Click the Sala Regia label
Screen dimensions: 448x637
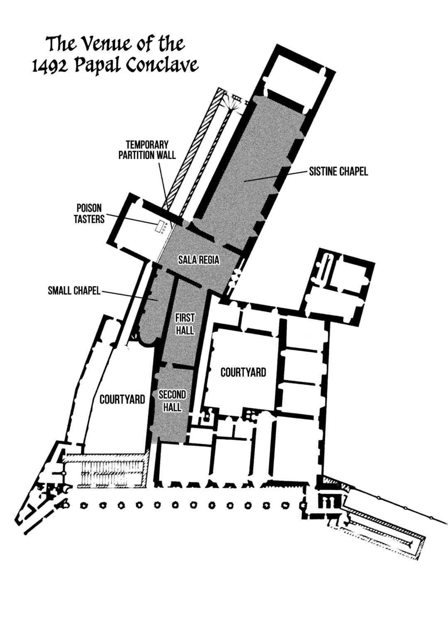(199, 260)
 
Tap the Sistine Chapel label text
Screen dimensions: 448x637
(338, 171)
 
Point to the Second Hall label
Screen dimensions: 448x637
(173, 401)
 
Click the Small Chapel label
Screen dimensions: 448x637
(74, 291)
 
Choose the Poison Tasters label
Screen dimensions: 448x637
(89, 214)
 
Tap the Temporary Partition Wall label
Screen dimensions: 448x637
(147, 150)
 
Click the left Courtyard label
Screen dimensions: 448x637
(122, 399)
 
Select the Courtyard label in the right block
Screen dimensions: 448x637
(243, 372)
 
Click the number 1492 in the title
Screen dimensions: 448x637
(48, 66)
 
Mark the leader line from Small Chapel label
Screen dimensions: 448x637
(129, 295)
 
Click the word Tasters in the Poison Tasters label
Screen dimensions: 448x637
(89, 219)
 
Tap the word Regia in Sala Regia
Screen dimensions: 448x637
(209, 260)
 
